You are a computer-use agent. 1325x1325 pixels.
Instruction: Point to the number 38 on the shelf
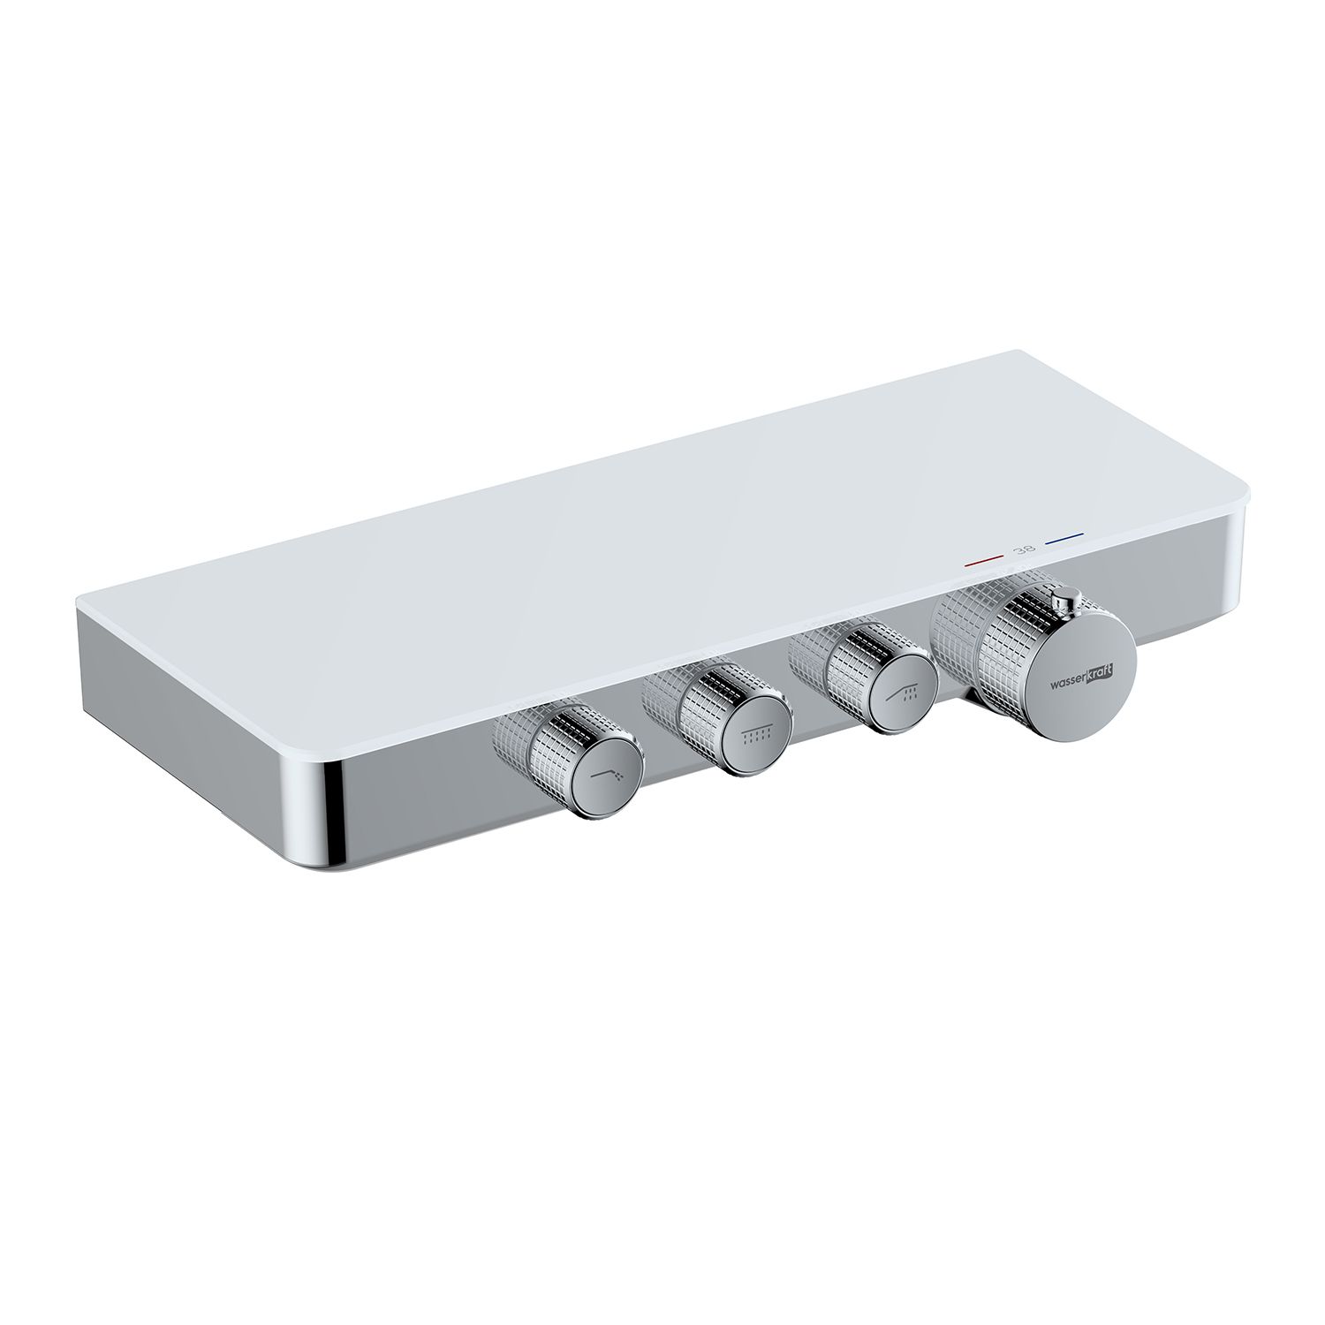point(1025,549)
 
